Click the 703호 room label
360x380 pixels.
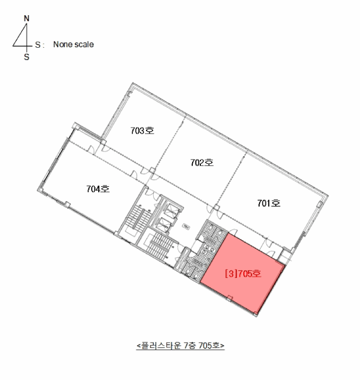point(142,131)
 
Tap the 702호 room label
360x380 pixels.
point(202,163)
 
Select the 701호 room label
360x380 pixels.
point(269,203)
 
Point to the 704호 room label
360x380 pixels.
point(98,189)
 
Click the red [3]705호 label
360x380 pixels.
point(243,274)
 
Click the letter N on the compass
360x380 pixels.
point(27,18)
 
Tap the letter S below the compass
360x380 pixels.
point(27,57)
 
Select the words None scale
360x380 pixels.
point(73,45)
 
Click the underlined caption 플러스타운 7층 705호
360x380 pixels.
point(180,345)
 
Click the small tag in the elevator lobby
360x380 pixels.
point(186,227)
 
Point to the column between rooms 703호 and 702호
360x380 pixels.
point(152,170)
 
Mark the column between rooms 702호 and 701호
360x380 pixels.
point(216,208)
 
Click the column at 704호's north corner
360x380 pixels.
point(77,126)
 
